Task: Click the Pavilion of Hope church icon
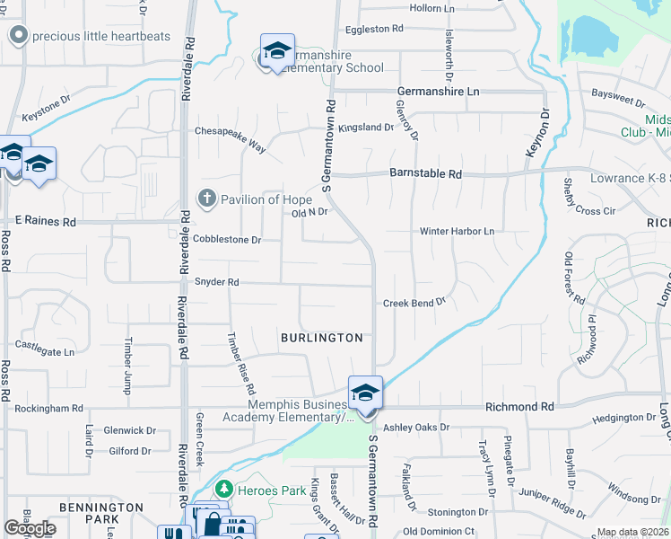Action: [x=207, y=199]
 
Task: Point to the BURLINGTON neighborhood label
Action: [x=322, y=338]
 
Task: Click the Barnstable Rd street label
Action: [x=425, y=173]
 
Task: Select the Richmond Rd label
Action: [x=520, y=407]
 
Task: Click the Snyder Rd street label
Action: [x=217, y=282]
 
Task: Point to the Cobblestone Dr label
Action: [x=227, y=240]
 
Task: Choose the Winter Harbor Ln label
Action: [x=457, y=231]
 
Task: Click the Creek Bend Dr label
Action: [x=414, y=303]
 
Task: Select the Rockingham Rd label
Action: [x=48, y=408]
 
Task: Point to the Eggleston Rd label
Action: [x=374, y=29]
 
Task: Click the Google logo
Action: [x=30, y=528]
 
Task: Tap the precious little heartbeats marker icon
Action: [x=17, y=36]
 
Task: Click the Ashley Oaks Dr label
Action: [x=415, y=427]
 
